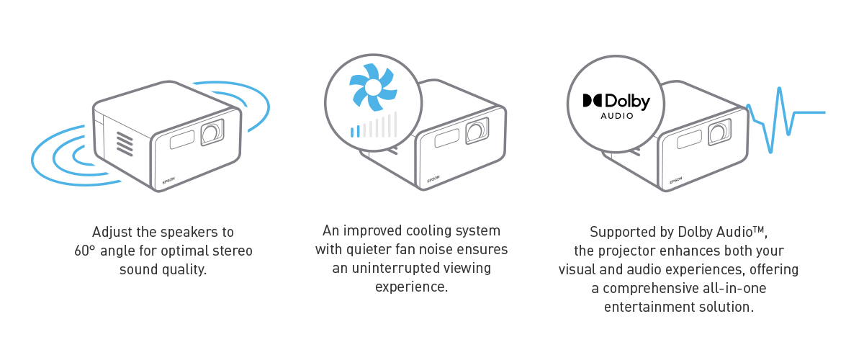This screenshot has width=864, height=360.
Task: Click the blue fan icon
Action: pos(373,88)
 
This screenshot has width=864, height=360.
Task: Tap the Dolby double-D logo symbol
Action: pos(592,101)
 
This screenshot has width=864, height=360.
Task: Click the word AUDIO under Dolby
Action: pos(617,116)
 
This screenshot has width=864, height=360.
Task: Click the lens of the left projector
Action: pos(210,133)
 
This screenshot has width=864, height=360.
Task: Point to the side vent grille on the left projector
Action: pos(125,144)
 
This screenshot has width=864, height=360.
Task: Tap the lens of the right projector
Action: pos(717,133)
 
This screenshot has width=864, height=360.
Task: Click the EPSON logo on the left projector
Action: pos(168,181)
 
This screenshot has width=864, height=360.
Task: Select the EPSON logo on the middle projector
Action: pos(433,179)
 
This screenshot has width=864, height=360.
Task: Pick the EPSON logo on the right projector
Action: pos(676,180)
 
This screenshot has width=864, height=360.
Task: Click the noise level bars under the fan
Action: pos(374,125)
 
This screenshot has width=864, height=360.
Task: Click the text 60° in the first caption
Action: pos(85,251)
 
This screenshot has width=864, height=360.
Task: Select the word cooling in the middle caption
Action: pos(428,230)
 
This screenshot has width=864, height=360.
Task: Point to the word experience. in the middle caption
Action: pos(412,287)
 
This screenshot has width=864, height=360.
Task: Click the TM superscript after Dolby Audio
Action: pos(758,230)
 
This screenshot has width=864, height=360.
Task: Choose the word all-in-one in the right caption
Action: pos(720,289)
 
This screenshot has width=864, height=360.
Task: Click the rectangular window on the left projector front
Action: pos(182,140)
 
